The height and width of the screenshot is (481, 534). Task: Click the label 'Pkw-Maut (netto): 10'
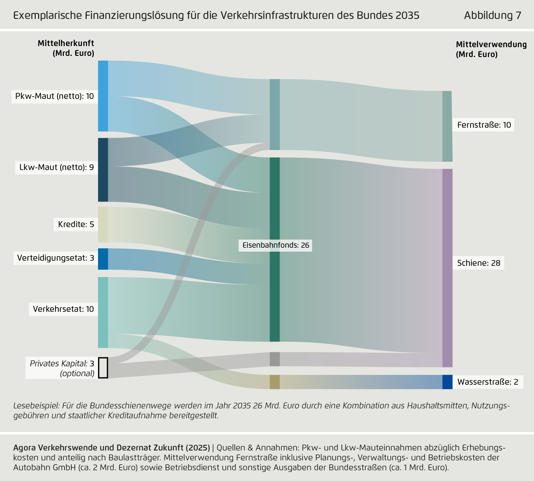pos(55,96)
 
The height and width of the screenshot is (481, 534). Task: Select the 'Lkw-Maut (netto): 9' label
pos(57,167)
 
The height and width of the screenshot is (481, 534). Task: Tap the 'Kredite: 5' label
pos(76,224)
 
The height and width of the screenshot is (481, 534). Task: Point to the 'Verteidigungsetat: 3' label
pos(56,258)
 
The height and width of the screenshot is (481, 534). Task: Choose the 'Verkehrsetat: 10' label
pos(63,309)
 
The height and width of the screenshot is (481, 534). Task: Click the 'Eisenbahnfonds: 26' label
pos(276,245)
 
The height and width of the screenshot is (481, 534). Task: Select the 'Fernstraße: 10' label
pos(484,125)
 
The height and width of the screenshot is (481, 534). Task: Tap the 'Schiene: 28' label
pos(479,263)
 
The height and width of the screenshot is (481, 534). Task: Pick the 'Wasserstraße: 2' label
pos(488,382)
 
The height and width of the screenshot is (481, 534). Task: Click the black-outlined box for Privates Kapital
pos(103,368)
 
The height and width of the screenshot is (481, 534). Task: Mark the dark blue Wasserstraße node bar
pos(447,382)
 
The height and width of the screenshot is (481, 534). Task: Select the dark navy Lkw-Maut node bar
pos(103,170)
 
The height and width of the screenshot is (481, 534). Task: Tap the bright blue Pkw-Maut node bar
pos(103,96)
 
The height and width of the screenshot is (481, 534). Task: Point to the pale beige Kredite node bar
pos(103,224)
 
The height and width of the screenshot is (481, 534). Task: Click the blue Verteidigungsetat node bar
pos(103,259)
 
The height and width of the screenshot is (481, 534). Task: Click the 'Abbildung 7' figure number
pos(492,15)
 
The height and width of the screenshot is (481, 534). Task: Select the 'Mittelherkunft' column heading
pos(66,43)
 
